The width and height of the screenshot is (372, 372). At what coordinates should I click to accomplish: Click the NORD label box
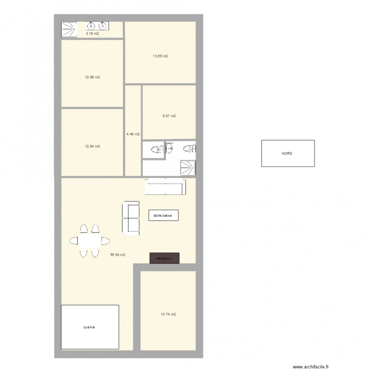pos(288,153)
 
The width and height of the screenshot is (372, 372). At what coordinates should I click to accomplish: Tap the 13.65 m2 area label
pos(160,56)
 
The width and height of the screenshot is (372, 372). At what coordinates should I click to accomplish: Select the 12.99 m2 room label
pos(93,77)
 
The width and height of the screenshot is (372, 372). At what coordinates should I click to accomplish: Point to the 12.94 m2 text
pos(93,146)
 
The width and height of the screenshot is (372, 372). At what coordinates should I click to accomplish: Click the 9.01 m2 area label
pos(169,116)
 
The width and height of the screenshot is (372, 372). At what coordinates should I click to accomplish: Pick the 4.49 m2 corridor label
pos(133,134)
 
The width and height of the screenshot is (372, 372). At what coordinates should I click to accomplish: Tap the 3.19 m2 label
pos(92,34)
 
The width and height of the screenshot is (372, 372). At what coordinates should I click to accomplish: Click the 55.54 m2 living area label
pos(118,254)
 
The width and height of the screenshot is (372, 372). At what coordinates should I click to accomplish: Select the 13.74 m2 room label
pos(169,314)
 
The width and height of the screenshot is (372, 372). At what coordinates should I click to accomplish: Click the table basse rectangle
pos(163,215)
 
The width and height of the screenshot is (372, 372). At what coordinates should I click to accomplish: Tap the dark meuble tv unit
pos(165,258)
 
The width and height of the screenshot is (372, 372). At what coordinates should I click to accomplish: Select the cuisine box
pos(90,327)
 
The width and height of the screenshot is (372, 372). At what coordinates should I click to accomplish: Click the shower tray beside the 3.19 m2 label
pos(69,29)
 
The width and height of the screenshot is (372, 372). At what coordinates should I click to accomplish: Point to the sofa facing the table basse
pos(131,217)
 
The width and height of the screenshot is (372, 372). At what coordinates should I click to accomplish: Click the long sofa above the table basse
pos(165,187)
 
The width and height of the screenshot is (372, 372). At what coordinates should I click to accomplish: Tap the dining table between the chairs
pos(90,241)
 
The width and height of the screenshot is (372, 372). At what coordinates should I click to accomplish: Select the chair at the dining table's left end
pos(73,241)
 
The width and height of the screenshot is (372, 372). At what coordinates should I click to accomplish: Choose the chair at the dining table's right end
pos(106,241)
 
